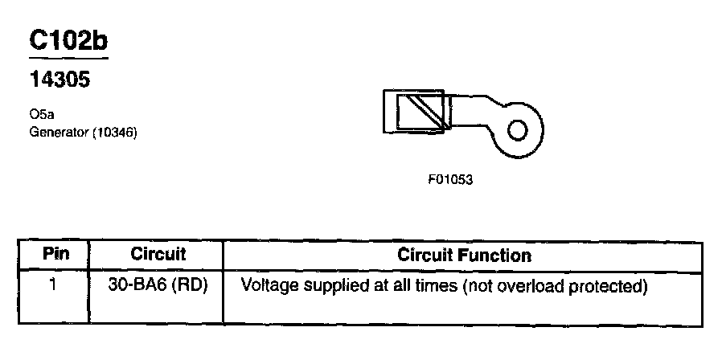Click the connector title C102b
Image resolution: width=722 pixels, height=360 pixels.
click(68, 41)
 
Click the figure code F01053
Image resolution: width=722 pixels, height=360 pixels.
click(449, 180)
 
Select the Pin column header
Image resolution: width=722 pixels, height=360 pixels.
click(55, 255)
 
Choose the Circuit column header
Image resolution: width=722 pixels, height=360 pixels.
click(158, 255)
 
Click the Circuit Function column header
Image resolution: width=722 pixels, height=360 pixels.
click(464, 256)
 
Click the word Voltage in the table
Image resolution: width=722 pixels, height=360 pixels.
click(266, 285)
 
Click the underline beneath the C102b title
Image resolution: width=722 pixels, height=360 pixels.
click(68, 59)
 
